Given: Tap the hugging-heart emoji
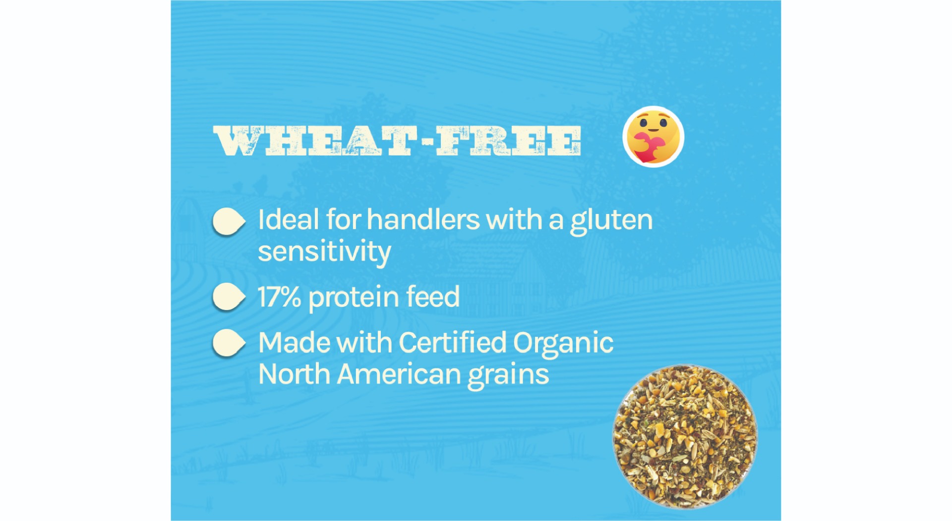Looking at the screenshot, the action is [x=653, y=137].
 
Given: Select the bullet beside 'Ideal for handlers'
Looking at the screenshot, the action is [x=229, y=221].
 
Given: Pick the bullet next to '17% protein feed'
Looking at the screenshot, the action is [x=229, y=297].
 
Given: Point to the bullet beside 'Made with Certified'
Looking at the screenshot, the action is [x=229, y=343].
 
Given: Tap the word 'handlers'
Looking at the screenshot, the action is [x=423, y=220].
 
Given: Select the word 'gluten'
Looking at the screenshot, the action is [x=611, y=221].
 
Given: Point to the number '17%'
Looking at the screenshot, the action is [x=279, y=297].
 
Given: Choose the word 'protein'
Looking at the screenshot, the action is [x=354, y=298].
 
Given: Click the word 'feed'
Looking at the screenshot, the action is [x=433, y=297].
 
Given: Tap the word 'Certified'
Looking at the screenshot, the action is [x=453, y=343].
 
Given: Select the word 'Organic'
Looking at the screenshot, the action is [x=563, y=344].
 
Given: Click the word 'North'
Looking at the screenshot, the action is [x=295, y=374].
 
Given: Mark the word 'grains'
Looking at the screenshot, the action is [x=509, y=376].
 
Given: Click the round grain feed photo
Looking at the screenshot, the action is [x=685, y=437].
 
